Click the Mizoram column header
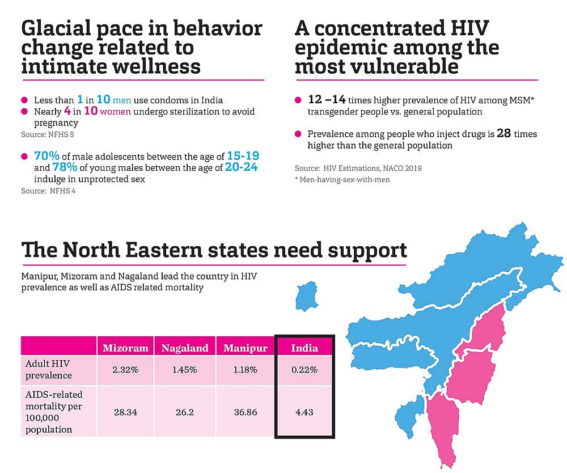[125, 348]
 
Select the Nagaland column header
[185, 348]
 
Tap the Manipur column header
[246, 348]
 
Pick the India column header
[304, 348]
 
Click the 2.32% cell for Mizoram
[125, 370]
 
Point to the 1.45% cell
[185, 370]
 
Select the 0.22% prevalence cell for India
[304, 370]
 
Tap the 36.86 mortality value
[245, 412]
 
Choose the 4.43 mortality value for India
[304, 412]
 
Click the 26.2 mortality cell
[185, 412]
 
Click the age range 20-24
[242, 167]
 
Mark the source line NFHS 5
[48, 135]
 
